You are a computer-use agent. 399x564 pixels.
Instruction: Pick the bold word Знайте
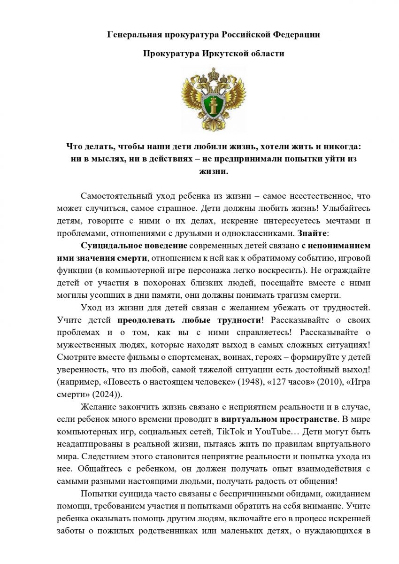(312, 232)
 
